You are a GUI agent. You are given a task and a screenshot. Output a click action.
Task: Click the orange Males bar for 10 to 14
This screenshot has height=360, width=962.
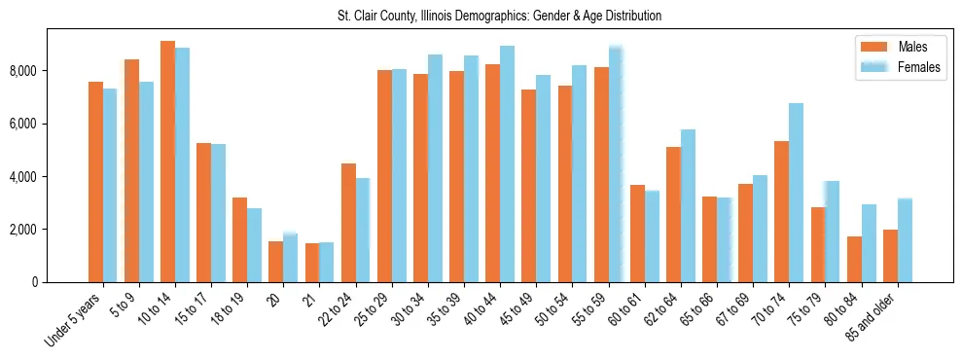[167, 162]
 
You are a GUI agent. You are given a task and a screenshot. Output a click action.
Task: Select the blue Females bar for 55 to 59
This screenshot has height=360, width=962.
[615, 164]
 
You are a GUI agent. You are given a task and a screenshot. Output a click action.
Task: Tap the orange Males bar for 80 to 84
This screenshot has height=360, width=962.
[854, 259]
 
